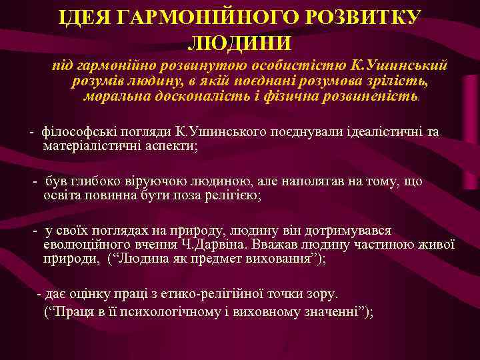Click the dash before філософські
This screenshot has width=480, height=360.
(31, 131)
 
